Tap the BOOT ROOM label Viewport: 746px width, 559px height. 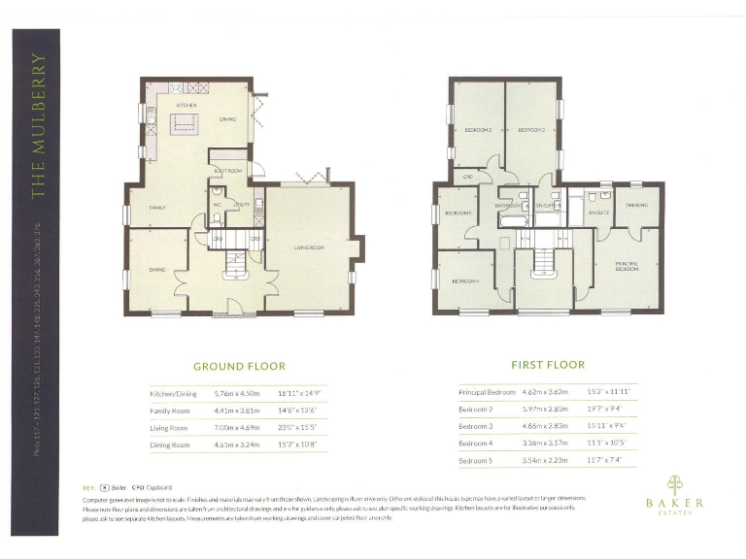[x=227, y=171]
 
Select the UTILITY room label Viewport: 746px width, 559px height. [x=243, y=205]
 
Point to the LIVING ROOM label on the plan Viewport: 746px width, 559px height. [x=309, y=247]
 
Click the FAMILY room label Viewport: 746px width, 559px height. [x=156, y=208]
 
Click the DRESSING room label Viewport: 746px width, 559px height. [x=637, y=205]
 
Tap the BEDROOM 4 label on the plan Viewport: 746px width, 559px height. [x=465, y=281]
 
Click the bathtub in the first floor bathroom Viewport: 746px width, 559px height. [x=511, y=221]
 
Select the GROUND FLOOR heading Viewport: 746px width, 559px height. [x=239, y=367]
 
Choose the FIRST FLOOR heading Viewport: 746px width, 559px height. [x=548, y=365]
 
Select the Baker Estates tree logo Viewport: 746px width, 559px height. [x=674, y=484]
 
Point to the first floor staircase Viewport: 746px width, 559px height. [x=542, y=260]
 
